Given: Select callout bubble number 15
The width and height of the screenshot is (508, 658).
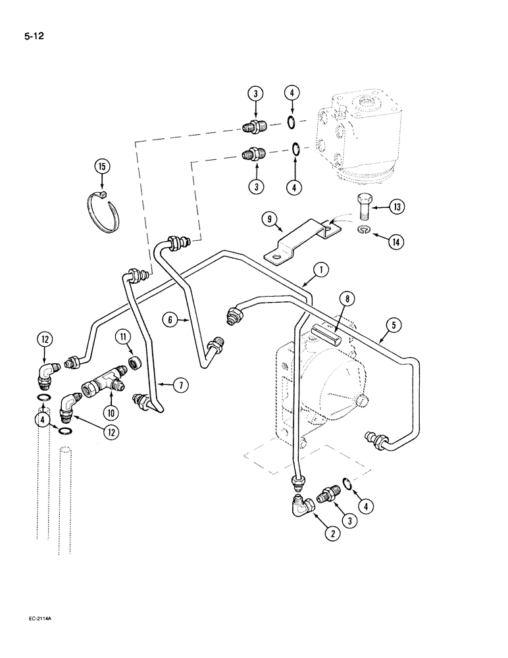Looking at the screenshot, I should (101, 167).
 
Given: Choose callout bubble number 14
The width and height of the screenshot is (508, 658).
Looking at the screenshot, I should (395, 242).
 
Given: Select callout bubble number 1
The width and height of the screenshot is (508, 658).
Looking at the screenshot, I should (321, 268).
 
